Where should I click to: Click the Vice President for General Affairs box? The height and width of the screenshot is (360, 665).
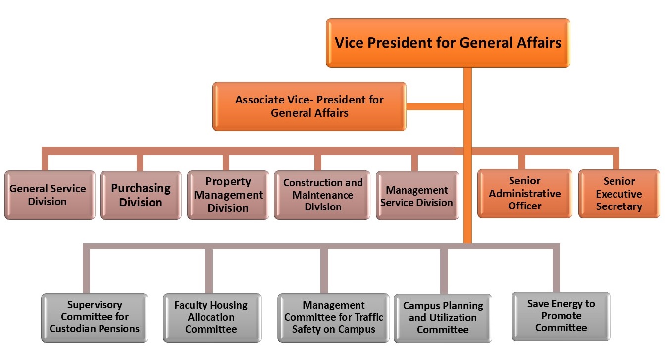pyautogui.click(x=448, y=43)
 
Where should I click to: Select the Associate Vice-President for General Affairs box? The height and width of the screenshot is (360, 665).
pyautogui.click(x=309, y=106)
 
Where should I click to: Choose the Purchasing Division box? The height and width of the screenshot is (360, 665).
pyautogui.click(x=141, y=195)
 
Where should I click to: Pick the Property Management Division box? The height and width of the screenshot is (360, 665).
pyautogui.click(x=228, y=195)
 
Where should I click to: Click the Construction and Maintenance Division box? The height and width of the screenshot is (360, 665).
pyautogui.click(x=322, y=195)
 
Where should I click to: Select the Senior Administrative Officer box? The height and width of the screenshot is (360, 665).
pyautogui.click(x=524, y=194)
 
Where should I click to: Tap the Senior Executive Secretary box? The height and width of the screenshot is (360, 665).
pyautogui.click(x=619, y=194)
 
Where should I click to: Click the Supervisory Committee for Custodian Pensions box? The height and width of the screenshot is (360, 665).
pyautogui.click(x=94, y=317)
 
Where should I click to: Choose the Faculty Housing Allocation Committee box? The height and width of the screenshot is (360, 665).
pyautogui.click(x=211, y=317)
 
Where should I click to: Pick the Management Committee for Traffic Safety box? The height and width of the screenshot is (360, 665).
pyautogui.click(x=333, y=317)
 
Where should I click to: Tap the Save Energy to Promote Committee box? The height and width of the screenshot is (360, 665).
pyautogui.click(x=561, y=316)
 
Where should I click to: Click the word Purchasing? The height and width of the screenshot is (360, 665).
pyautogui.click(x=141, y=188)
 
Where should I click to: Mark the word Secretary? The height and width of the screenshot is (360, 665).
pyautogui.click(x=619, y=206)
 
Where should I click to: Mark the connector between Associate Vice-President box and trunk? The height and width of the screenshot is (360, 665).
pyautogui.click(x=435, y=106)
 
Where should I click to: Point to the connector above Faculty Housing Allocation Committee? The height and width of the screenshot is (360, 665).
pyautogui.click(x=209, y=270)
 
